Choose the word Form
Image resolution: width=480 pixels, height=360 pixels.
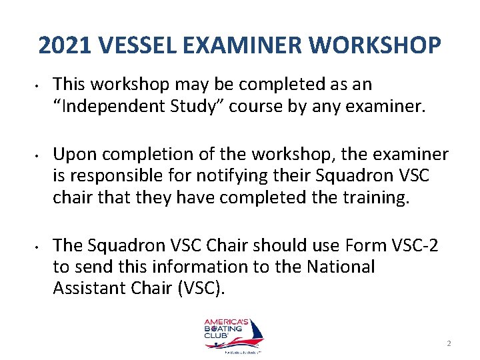tap(340, 246)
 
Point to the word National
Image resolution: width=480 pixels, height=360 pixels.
tap(341, 266)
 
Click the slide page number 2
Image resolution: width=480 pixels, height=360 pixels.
tap(449, 343)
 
